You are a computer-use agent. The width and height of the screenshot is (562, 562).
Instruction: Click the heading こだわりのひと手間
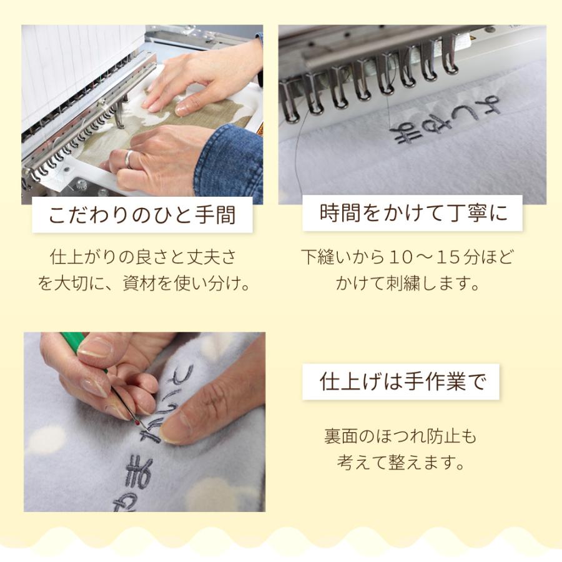pyautogui.click(x=142, y=215)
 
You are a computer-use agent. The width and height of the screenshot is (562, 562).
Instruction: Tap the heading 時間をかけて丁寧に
pyautogui.click(x=413, y=213)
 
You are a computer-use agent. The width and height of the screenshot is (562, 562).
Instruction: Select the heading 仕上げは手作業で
pyautogui.click(x=402, y=382)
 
